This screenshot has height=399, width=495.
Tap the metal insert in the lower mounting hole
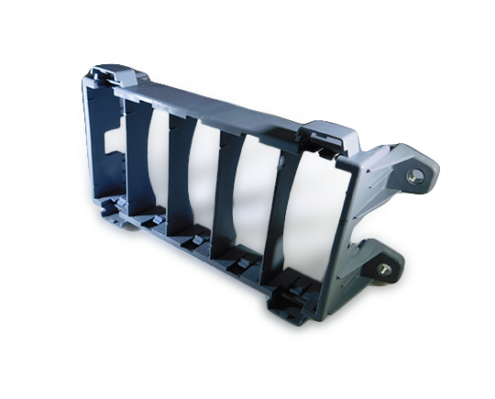(x=384, y=270)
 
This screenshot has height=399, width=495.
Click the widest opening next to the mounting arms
(x=307, y=220)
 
